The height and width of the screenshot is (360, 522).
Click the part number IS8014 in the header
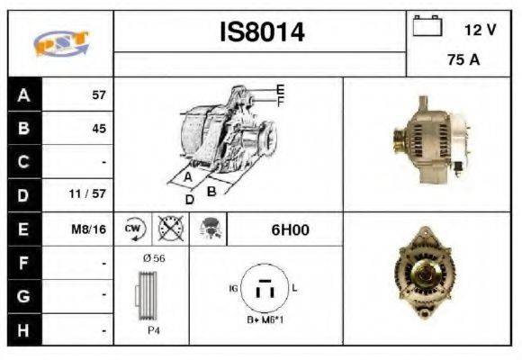point(262,32)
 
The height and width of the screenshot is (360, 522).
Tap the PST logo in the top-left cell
point(59,43)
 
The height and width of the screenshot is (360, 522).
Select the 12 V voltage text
point(480,30)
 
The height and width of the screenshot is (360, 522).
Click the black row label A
point(23,94)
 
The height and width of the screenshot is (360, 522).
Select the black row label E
point(23,229)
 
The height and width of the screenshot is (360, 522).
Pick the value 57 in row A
point(98,94)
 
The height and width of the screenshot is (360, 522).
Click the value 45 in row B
point(98,128)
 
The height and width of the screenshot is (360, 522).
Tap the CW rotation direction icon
point(133,229)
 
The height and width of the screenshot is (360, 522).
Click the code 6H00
point(290,229)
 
